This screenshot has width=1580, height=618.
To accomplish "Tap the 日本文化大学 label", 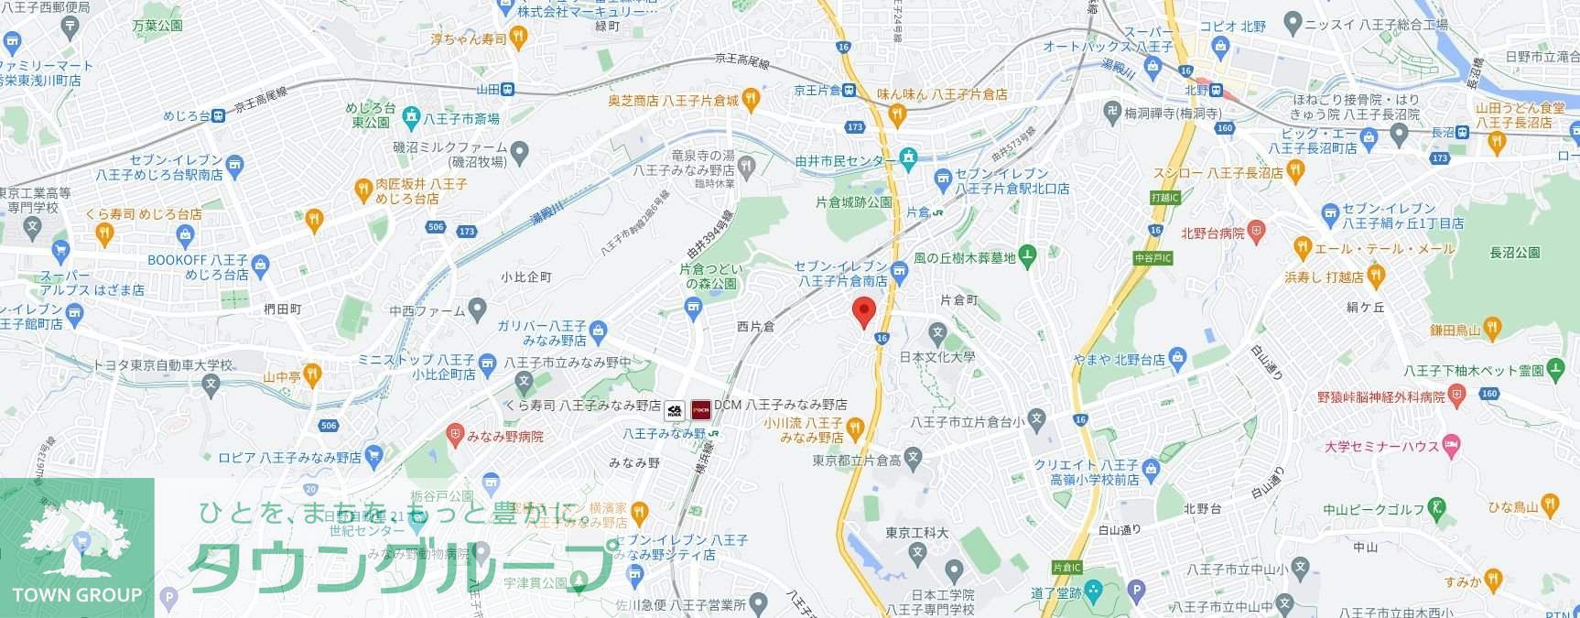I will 937,357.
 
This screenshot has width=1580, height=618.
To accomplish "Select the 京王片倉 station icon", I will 849,90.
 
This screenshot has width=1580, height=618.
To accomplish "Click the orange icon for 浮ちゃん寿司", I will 519,38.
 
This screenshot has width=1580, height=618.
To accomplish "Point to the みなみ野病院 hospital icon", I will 455,436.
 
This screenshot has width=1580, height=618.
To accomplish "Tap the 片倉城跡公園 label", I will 854,202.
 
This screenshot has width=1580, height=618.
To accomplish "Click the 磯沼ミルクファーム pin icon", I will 520,150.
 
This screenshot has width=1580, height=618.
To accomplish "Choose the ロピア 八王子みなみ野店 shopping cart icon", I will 373,455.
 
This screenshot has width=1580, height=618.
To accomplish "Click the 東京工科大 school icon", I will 917,552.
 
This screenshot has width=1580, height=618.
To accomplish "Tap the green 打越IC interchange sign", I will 1165,197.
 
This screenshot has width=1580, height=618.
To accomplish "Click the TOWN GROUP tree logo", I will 77,540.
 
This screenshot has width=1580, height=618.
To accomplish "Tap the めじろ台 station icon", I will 218,115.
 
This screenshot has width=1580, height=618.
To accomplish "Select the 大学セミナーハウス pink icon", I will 1450,446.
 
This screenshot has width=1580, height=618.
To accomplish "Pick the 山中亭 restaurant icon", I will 312,374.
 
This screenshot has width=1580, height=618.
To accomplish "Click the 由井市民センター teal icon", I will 908,158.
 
